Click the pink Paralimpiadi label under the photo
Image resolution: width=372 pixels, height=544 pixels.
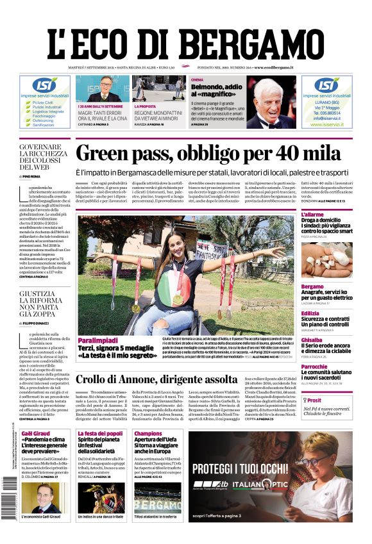click(x=97, y=340)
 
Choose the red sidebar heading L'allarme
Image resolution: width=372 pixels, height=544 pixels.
click(x=331, y=214)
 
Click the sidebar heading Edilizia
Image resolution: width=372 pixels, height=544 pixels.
click(x=328, y=313)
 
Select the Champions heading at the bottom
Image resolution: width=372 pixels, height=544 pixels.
click(x=148, y=434)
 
